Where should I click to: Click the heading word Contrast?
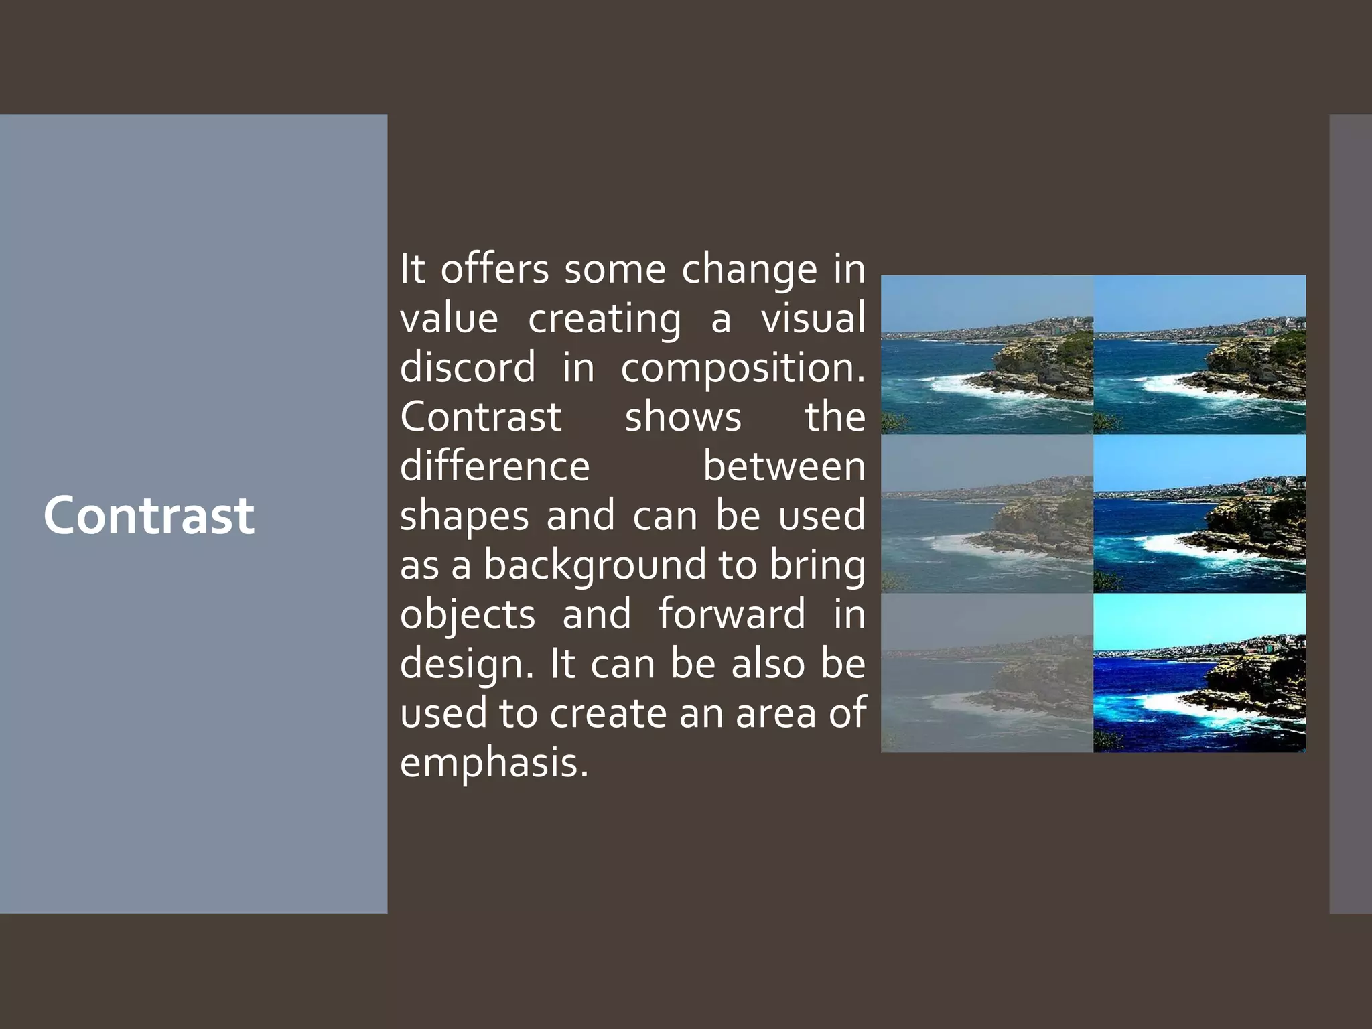tap(149, 515)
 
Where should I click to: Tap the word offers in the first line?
tap(494, 269)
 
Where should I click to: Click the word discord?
tap(468, 368)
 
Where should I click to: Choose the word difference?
tap(494, 466)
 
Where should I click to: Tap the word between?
tap(783, 466)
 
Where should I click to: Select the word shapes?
tap(464, 517)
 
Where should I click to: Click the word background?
tap(594, 566)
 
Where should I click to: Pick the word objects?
tap(468, 615)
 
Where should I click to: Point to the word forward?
tap(731, 614)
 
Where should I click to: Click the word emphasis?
tap(494, 764)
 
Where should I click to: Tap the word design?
tap(466, 665)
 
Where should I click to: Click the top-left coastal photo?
tap(987, 354)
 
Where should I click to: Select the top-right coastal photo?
tap(1199, 354)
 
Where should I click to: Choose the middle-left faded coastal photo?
tap(987, 514)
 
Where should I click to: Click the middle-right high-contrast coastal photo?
tap(1199, 514)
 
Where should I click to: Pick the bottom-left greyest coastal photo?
tap(987, 673)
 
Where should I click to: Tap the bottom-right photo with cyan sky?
tap(1199, 673)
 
